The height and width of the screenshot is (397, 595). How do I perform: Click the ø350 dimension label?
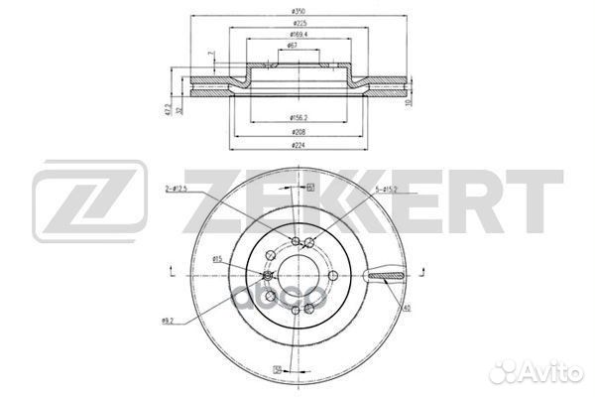click(x=295, y=11)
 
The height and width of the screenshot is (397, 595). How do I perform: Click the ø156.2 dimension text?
click(x=295, y=116)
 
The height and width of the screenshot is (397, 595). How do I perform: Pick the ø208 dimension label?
click(x=295, y=131)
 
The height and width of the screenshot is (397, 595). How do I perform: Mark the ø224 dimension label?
click(x=295, y=146)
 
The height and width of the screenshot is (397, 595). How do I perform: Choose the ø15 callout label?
click(x=216, y=259)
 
